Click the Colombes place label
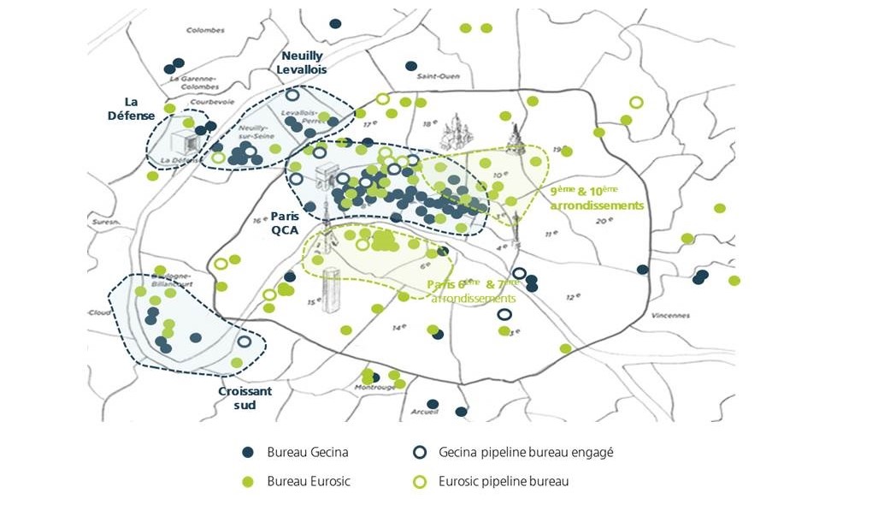(205, 30)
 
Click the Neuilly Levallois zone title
(302, 62)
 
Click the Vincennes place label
(670, 315)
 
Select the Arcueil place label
(424, 411)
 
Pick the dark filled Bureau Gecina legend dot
(248, 452)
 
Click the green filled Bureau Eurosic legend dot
(248, 481)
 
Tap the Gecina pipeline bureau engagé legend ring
(420, 452)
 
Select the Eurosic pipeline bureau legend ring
(420, 481)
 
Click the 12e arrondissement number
(573, 296)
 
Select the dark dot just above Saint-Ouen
(411, 66)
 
